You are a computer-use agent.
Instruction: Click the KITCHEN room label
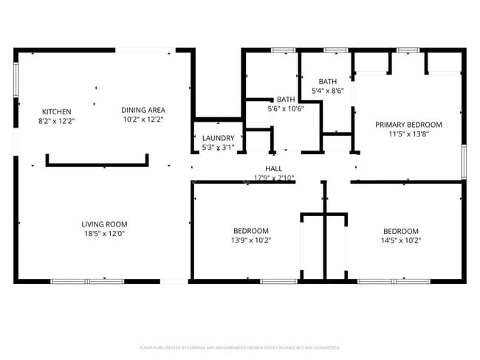click(56, 111)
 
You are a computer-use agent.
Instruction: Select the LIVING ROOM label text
click(104, 224)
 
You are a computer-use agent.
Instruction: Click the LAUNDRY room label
click(219, 138)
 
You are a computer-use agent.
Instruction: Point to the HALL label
click(274, 169)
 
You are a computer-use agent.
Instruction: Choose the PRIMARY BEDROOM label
click(408, 125)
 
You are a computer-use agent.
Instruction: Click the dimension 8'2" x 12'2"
click(57, 120)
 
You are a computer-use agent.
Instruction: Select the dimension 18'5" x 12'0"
click(104, 233)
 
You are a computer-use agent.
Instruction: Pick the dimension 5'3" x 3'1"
click(219, 148)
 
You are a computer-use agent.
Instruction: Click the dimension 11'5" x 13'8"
click(408, 134)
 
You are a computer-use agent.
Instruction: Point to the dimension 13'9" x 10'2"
click(251, 240)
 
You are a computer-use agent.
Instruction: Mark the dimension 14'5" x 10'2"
click(400, 240)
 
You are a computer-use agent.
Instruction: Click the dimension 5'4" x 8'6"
click(328, 91)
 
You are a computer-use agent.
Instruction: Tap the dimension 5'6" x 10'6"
click(286, 108)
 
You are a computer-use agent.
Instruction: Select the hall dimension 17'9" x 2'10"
click(274, 178)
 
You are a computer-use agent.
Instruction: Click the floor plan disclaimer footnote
click(239, 347)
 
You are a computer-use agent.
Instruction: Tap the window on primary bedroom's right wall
click(464, 162)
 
